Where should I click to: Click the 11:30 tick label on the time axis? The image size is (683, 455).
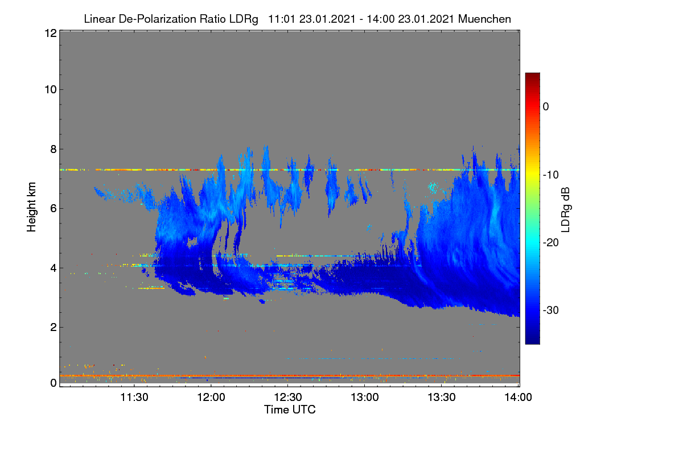[134, 397]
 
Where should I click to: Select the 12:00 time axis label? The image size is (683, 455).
[211, 397]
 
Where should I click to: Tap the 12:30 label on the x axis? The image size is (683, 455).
[288, 397]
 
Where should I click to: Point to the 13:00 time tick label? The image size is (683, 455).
[365, 397]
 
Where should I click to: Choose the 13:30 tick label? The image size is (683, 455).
[442, 397]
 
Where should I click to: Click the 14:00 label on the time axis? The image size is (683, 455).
[518, 397]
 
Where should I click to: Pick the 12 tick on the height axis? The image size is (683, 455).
[51, 33]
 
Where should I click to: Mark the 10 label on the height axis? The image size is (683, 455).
[51, 90]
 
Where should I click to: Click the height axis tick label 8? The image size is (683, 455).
[54, 149]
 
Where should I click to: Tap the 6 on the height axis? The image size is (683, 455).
[54, 209]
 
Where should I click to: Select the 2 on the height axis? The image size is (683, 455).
[54, 327]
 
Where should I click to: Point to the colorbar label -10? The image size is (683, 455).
[551, 175]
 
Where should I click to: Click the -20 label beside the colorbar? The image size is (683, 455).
[551, 243]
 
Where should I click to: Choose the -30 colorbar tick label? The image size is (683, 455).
[551, 310]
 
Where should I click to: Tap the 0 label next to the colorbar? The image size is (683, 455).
[546, 107]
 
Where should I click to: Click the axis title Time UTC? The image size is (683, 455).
[290, 409]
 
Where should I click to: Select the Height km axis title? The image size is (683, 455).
[31, 207]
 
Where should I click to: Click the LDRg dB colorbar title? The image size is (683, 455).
[565, 210]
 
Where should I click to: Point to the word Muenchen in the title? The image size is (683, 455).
[484, 19]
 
